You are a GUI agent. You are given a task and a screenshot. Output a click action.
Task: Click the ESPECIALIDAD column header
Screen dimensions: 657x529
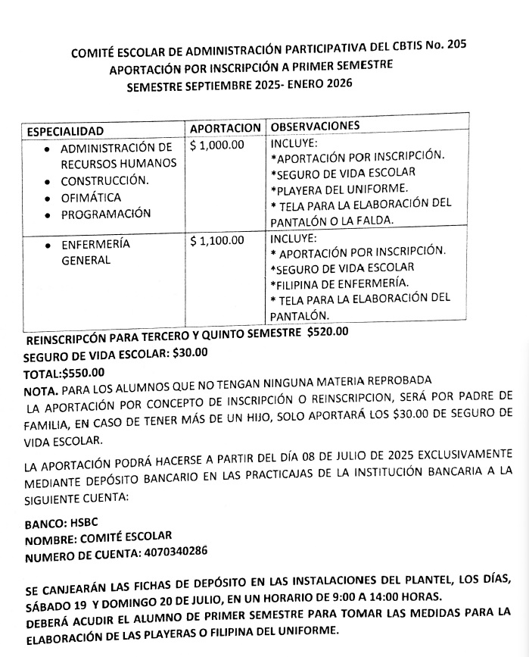65,131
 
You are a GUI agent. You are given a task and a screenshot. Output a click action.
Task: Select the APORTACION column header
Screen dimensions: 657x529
225,128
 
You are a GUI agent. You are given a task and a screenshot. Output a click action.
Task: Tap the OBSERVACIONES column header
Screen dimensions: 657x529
315,125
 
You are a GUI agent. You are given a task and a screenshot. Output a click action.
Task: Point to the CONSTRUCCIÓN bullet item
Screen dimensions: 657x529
104,181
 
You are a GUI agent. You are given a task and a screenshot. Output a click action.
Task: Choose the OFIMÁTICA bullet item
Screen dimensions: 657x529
91,198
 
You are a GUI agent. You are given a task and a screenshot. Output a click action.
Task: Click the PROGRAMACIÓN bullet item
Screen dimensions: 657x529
106,214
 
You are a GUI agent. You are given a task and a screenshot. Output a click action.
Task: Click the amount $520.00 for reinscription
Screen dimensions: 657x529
328,331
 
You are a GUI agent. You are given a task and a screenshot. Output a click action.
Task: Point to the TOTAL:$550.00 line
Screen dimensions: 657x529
65,371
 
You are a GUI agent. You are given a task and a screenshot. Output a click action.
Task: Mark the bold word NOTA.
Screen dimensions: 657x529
40,389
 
